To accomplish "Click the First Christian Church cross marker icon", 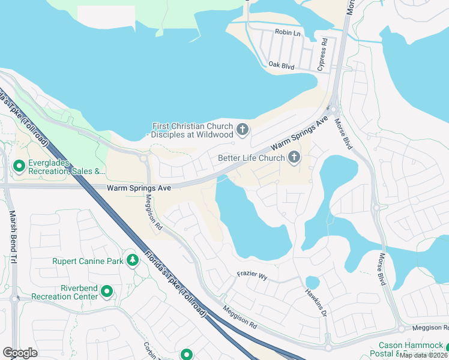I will click(x=243, y=129).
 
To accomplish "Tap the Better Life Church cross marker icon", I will click(x=294, y=158).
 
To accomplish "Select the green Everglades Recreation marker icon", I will click(x=19, y=165).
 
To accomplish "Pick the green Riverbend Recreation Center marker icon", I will click(x=107, y=292).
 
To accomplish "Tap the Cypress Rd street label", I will click(x=322, y=53).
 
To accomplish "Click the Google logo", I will click(x=20, y=353).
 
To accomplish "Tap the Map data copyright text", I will click(x=424, y=355).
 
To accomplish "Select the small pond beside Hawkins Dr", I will click(x=312, y=282).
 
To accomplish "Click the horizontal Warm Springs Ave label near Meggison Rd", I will click(x=139, y=188).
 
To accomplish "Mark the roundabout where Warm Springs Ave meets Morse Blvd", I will click(x=333, y=109).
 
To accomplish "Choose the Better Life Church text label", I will click(x=250, y=158).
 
